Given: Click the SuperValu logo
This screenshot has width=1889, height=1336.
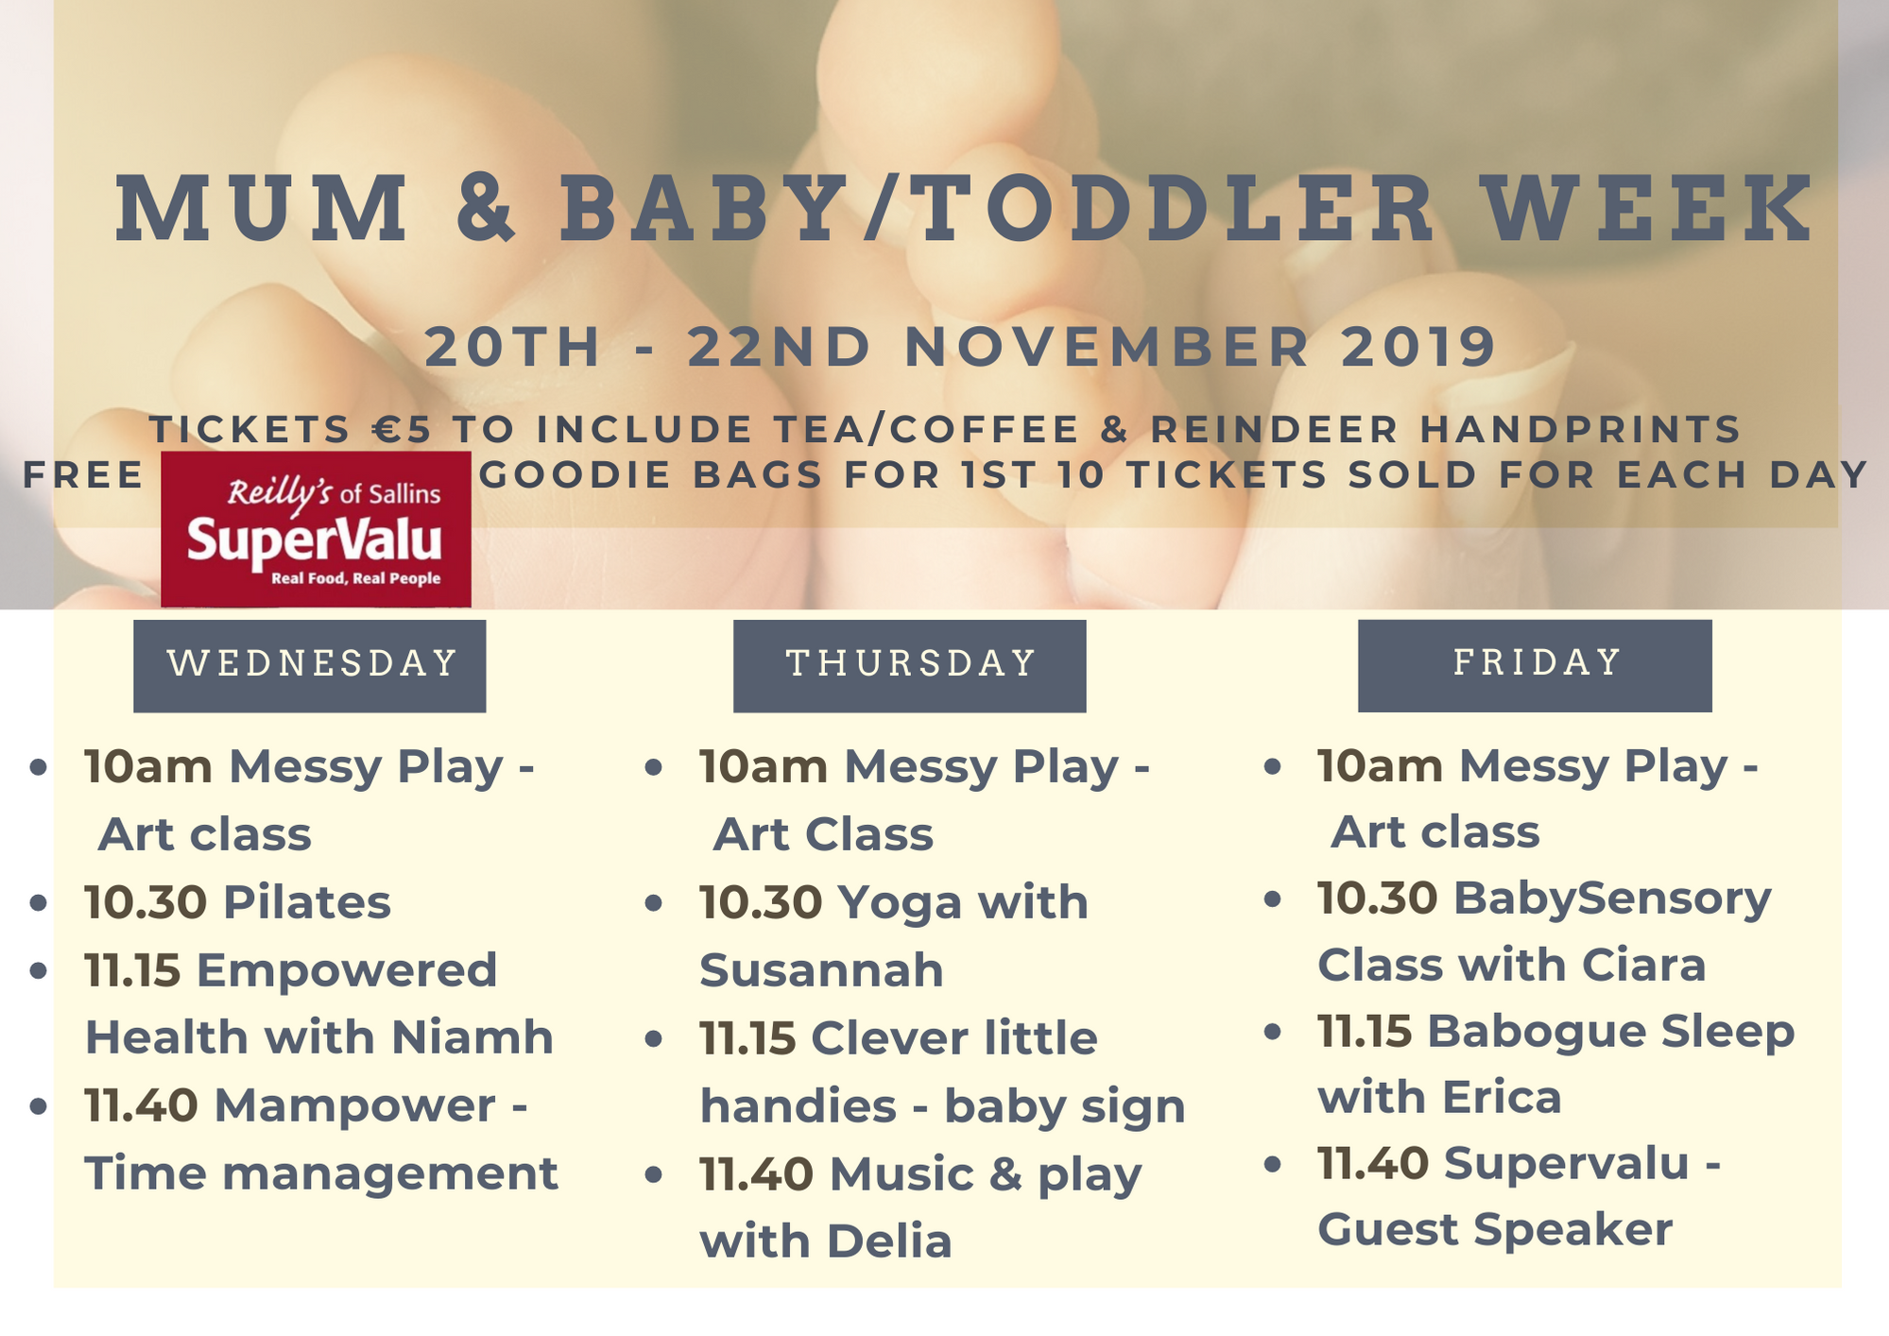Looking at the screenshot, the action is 316,529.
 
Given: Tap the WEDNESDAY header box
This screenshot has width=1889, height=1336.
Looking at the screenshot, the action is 309,665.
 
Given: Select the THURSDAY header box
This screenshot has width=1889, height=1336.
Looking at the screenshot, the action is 909,665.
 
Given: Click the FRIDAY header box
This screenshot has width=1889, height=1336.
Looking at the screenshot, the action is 1535,665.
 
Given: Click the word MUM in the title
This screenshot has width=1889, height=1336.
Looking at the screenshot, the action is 263,208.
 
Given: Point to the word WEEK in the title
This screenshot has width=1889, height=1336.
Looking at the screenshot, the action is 1646,208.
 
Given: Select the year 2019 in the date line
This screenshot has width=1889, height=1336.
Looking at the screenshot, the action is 1418,347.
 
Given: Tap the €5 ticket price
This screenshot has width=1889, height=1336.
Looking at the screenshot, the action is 402,430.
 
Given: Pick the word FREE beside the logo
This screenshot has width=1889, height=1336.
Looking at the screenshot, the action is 83,474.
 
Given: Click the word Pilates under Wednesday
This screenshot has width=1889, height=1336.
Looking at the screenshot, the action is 307,902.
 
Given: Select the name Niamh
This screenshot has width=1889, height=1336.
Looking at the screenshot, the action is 472,1037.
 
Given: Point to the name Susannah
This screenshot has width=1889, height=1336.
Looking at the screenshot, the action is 821,970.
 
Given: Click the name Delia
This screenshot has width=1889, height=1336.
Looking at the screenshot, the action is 889,1242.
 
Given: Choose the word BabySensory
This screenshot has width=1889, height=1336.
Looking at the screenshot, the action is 1612,899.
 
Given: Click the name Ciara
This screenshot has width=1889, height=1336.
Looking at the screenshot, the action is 1643,966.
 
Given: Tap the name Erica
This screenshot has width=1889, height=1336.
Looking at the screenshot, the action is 1502,1098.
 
